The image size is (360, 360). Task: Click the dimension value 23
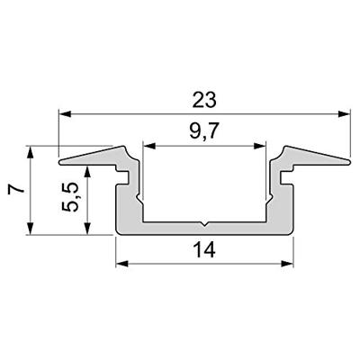point(204,96)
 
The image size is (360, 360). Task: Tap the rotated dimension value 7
point(13,190)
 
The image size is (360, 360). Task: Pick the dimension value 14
point(204,248)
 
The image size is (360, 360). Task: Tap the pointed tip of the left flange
point(61,163)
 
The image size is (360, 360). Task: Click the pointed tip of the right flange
point(348,163)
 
